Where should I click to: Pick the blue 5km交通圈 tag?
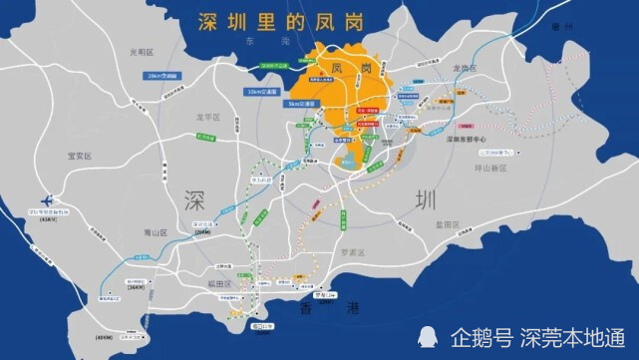[281, 103]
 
